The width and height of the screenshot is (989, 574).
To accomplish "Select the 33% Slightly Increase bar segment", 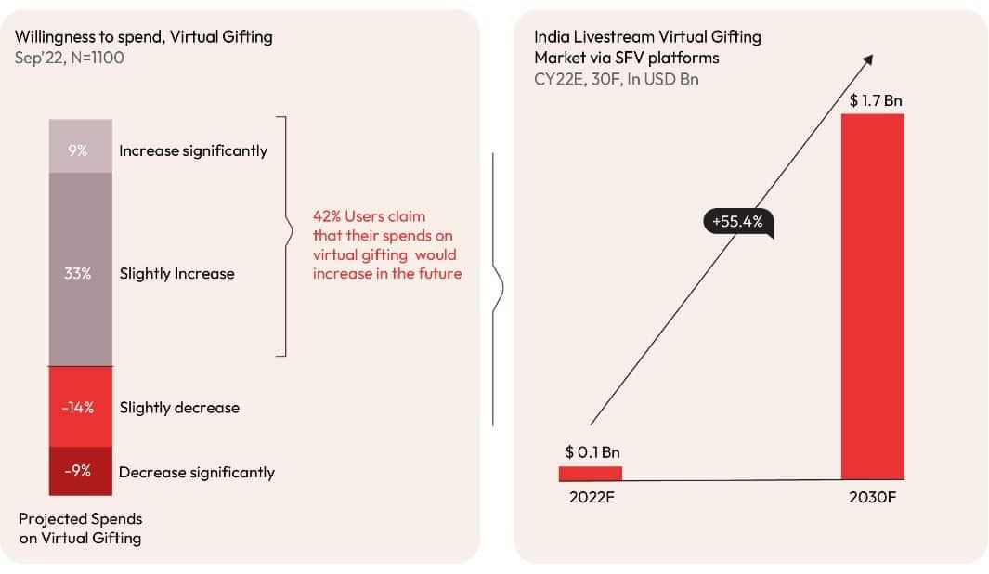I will [x=81, y=268].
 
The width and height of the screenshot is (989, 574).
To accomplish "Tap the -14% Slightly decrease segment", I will [x=81, y=407].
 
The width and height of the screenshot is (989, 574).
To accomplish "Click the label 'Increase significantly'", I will [x=193, y=150].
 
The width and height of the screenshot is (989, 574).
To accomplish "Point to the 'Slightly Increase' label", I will [x=176, y=274].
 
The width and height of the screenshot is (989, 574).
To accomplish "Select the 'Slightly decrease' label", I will [x=179, y=408].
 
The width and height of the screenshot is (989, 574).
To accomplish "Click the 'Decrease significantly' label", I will [x=197, y=473].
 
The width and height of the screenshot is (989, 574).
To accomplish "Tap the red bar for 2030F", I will [x=872, y=296].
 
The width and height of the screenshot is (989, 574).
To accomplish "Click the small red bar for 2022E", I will [x=591, y=473].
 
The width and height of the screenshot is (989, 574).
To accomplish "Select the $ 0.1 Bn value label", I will [x=592, y=452].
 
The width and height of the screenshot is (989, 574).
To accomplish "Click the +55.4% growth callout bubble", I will [x=739, y=223].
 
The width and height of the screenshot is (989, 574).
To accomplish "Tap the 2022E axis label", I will [x=592, y=497].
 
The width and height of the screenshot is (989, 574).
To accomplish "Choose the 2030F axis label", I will [x=873, y=497].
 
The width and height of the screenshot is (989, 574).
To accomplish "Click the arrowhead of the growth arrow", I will [x=868, y=59].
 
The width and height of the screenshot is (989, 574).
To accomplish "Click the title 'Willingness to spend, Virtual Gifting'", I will [x=144, y=37].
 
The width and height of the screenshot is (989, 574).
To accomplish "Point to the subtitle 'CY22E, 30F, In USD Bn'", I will [x=617, y=79].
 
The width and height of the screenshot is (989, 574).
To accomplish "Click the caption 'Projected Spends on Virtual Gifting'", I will [x=80, y=528].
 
